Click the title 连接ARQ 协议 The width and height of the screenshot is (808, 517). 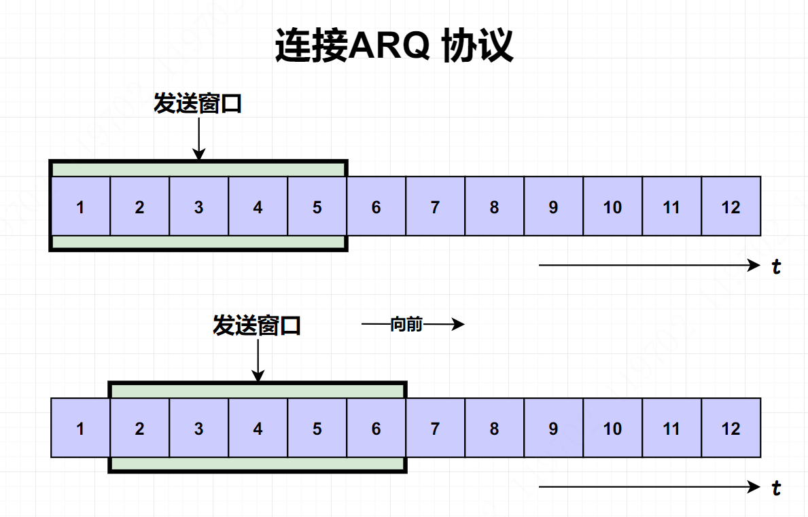[x=394, y=46]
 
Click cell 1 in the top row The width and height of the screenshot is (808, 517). [x=80, y=207]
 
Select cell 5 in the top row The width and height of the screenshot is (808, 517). [x=317, y=207]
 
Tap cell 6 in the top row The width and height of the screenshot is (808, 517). [x=376, y=207]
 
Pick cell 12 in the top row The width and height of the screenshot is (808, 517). [x=731, y=207]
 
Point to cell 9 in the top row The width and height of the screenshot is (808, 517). [x=553, y=207]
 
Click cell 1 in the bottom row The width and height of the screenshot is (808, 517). [x=80, y=428]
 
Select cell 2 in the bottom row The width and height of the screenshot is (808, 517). [x=139, y=428]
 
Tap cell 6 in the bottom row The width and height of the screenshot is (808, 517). [x=376, y=428]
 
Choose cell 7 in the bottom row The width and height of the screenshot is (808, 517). [x=435, y=428]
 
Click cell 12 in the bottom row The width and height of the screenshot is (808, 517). [x=731, y=428]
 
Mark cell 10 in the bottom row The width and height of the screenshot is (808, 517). [x=612, y=428]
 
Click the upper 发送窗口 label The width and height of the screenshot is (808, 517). [x=198, y=104]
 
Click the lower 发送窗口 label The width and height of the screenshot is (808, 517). [x=257, y=325]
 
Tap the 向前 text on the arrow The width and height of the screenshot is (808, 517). [x=406, y=325]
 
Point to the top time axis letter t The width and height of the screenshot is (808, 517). [x=776, y=266]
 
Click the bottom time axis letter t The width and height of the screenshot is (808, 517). [x=776, y=488]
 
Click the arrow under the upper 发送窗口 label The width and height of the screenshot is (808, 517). [x=198, y=139]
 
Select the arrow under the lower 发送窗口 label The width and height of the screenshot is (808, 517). [x=257, y=360]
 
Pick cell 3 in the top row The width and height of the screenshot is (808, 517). [x=198, y=207]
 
